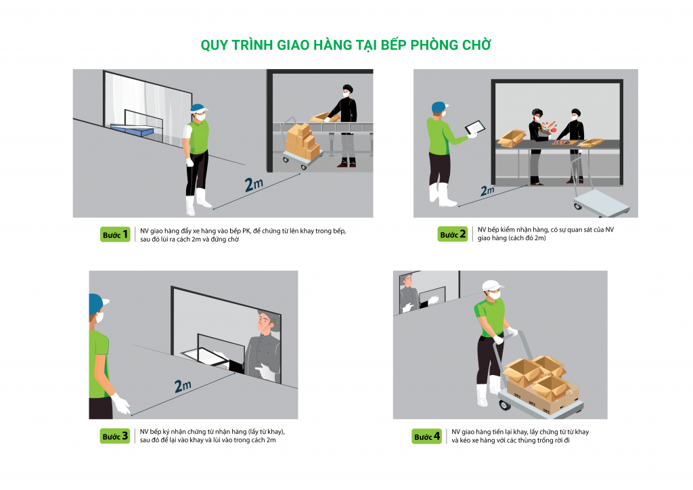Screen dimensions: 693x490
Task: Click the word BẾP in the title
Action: [x=394, y=45]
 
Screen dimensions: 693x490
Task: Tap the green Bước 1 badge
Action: [x=115, y=235]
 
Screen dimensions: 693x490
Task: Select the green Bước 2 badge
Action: [x=453, y=234]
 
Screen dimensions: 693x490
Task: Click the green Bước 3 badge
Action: [x=115, y=436]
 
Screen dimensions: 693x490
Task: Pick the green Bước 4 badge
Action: [x=426, y=436]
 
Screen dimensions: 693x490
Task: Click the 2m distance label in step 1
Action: [x=254, y=184]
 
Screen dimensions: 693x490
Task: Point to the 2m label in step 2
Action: [x=487, y=190]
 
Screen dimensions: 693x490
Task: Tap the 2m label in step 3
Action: [x=183, y=386]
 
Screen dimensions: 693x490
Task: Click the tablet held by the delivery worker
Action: [x=474, y=127]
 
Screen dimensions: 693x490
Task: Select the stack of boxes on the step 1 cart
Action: [x=303, y=141]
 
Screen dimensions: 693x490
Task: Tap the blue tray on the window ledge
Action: [x=131, y=129]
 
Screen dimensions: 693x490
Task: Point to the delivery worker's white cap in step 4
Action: [x=493, y=286]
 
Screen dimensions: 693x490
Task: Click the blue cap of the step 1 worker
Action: [x=198, y=109]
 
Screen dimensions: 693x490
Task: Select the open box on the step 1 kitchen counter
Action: [x=324, y=117]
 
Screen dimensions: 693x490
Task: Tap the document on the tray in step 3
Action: [x=206, y=356]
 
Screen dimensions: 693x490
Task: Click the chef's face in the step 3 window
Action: [x=265, y=323]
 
